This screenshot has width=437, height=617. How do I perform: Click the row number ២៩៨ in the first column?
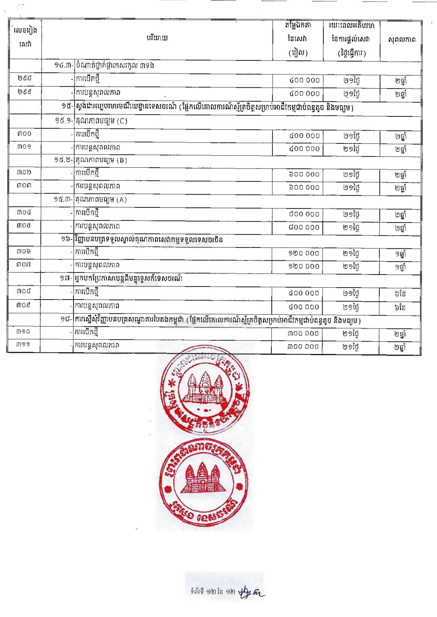click(x=24, y=78)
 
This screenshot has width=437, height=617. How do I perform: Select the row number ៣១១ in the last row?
click(x=23, y=344)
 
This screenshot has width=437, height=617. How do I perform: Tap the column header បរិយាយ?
click(x=157, y=38)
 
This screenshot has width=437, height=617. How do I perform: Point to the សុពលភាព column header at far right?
click(x=402, y=39)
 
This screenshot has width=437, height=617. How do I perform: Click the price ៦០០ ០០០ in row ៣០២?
click(x=304, y=174)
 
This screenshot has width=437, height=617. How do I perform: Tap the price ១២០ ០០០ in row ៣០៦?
click(x=304, y=253)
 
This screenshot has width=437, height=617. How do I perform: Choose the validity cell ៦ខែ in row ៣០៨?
click(x=400, y=294)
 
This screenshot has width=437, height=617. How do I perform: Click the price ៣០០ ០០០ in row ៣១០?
click(x=303, y=333)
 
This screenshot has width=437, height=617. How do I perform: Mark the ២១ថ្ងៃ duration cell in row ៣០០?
click(x=352, y=136)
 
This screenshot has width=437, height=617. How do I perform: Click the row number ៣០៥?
click(x=24, y=226)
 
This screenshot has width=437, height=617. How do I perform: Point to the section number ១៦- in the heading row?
click(x=67, y=239)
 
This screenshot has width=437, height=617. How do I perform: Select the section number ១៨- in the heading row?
click(x=66, y=319)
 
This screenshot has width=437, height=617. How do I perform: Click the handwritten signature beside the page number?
click(x=251, y=592)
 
